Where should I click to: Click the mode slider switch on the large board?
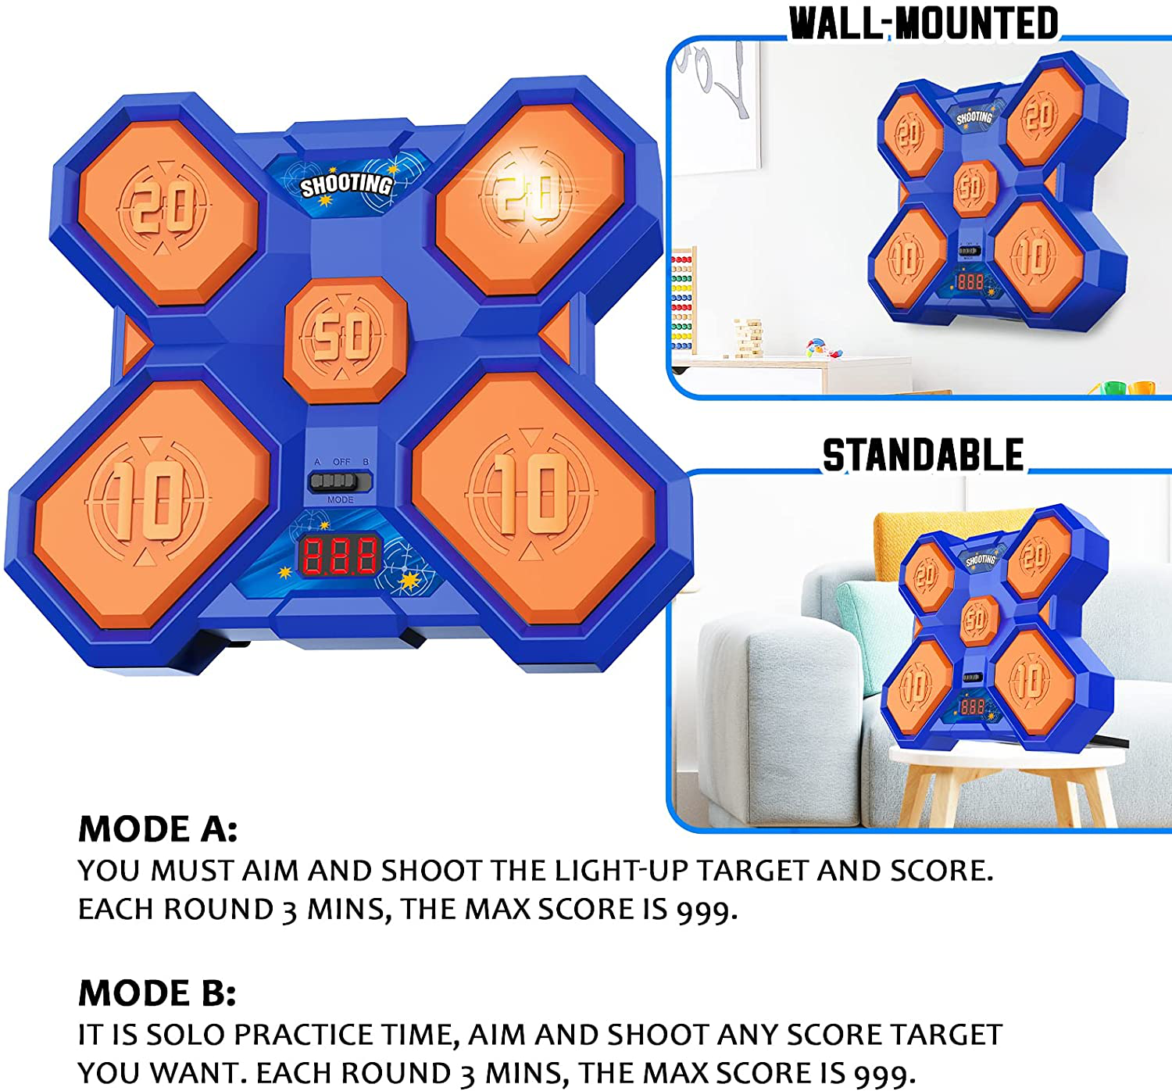341,481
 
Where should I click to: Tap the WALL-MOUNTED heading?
923,23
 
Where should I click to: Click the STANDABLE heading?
923,455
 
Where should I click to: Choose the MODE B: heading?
157,993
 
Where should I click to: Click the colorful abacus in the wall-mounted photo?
682,300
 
